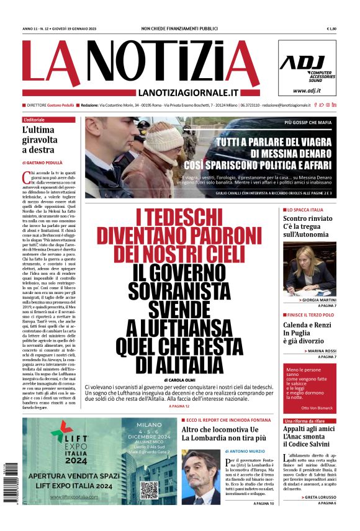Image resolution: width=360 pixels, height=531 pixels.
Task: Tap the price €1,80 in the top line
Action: tap(331, 29)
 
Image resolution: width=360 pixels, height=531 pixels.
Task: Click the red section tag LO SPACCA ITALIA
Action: tap(305, 210)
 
